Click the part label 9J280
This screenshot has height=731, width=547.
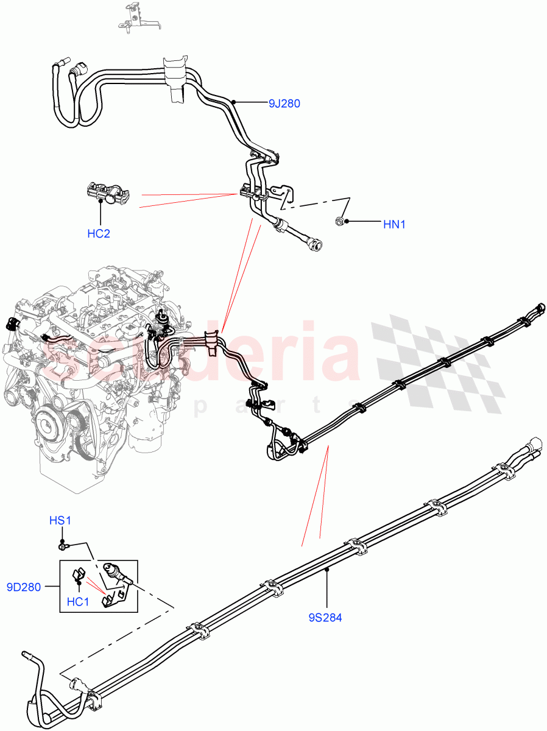284,104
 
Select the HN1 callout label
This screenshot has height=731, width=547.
394,225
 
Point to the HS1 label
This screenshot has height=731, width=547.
61,521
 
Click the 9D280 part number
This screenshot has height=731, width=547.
24,588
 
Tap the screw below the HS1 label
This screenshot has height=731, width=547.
63,543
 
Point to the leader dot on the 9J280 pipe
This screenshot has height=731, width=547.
233,103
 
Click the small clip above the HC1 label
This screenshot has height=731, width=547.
79,574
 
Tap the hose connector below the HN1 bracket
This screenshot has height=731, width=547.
315,244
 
